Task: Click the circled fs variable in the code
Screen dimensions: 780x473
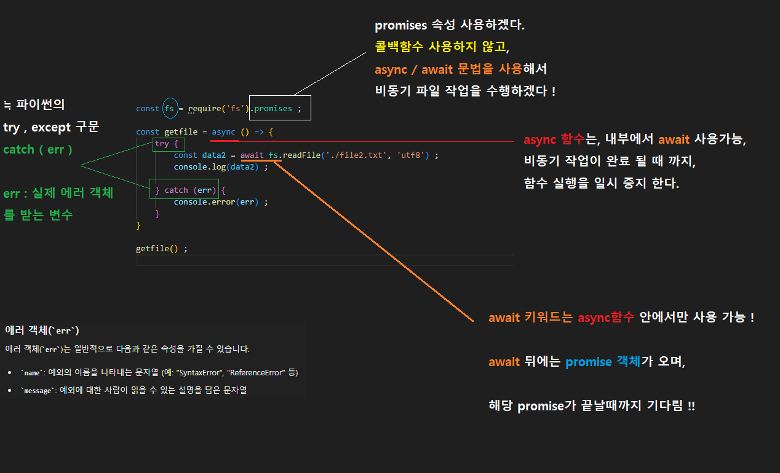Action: point(170,109)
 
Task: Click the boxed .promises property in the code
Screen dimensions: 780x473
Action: point(273,109)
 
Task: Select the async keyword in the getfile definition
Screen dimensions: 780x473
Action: point(223,132)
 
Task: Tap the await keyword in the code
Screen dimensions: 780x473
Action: point(252,155)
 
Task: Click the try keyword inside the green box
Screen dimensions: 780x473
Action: point(162,144)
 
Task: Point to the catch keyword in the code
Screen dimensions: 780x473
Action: point(176,190)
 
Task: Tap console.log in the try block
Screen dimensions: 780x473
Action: point(199,167)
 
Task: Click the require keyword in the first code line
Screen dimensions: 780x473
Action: point(204,109)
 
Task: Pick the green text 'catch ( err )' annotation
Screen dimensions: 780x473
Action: point(38,149)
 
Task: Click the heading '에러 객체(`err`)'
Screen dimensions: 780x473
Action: point(42,330)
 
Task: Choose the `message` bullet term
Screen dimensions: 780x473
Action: point(36,390)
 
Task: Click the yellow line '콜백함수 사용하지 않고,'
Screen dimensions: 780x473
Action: point(442,46)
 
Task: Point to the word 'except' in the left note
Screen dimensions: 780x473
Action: point(52,128)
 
